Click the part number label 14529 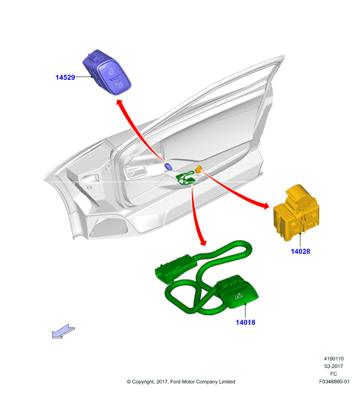pyautogui.click(x=65, y=77)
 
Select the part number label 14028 pyautogui.click(x=300, y=251)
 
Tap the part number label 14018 pyautogui.click(x=245, y=323)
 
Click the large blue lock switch pyautogui.click(x=107, y=72)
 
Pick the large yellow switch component pyautogui.click(x=296, y=213)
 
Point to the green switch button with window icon pyautogui.click(x=237, y=292)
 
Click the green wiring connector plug pyautogui.click(x=175, y=269)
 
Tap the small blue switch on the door pyautogui.click(x=168, y=166)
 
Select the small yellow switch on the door pyautogui.click(x=199, y=169)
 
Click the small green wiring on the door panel pyautogui.click(x=186, y=178)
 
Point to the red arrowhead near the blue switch pyautogui.click(x=120, y=102)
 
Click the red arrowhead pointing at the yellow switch pyautogui.click(x=266, y=205)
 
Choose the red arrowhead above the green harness pyautogui.click(x=203, y=242)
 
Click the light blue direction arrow pyautogui.click(x=64, y=331)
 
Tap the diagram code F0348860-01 pyautogui.click(x=334, y=381)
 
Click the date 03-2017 pyautogui.click(x=333, y=366)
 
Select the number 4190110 pyautogui.click(x=333, y=359)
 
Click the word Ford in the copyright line pyautogui.click(x=176, y=382)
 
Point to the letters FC pyautogui.click(x=333, y=374)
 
